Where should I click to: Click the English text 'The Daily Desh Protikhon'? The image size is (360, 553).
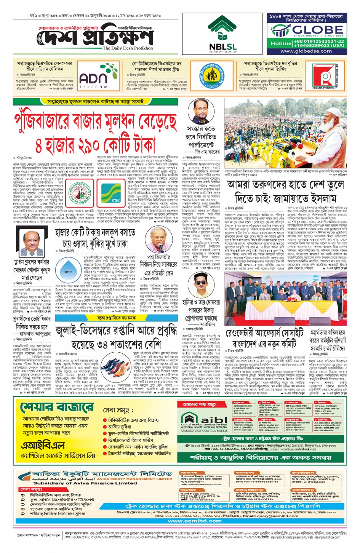(x=128, y=48)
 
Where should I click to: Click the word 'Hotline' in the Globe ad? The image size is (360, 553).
(x=281, y=43)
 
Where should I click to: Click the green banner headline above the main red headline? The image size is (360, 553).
(x=95, y=102)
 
